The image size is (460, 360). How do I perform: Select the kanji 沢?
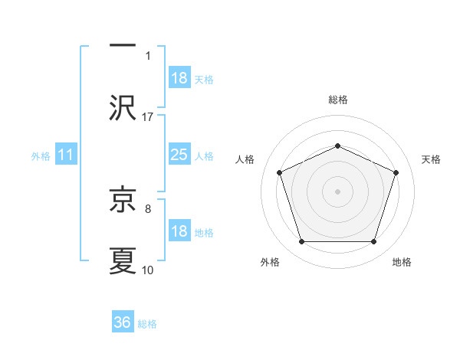[123, 106]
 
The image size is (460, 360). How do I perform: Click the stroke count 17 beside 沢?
[148, 116]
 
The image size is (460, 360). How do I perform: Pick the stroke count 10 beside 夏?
[148, 270]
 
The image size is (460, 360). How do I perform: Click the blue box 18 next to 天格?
[179, 78]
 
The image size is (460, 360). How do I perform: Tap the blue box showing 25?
[179, 155]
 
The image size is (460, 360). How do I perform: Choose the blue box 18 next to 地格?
[179, 231]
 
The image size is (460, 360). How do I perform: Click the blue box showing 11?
[65, 155]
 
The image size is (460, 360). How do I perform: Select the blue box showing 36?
[123, 322]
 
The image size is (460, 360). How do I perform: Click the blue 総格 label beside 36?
[147, 324]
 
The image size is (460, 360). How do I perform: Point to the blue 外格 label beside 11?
[41, 155]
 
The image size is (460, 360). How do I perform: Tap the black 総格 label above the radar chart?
[337, 100]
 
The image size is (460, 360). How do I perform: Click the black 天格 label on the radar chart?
[431, 159]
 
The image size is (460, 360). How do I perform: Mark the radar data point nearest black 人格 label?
[279, 172]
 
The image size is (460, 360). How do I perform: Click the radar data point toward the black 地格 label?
[373, 242]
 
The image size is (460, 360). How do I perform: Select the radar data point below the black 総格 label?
[337, 146]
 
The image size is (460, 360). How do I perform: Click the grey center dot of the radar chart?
[337, 191]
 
